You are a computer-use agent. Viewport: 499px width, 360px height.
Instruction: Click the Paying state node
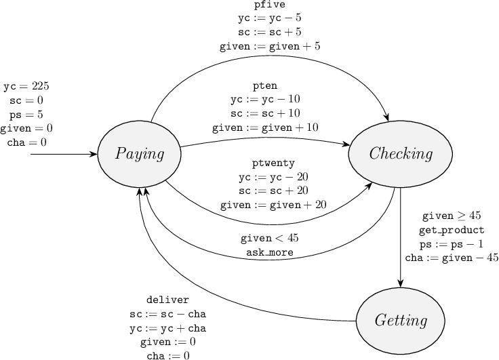140,154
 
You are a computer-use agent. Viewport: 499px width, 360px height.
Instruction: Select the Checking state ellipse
401,154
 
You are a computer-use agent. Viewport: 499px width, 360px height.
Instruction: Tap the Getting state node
401,320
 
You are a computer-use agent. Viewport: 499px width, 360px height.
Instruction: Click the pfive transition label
269,5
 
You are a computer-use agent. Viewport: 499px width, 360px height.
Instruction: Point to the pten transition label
265,86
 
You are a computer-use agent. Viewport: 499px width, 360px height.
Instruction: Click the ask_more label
269,252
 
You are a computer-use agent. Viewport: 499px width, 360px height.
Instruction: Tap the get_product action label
452,230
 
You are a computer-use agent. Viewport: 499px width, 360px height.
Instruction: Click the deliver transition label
167,300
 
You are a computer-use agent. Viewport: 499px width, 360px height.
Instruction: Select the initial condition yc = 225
26,87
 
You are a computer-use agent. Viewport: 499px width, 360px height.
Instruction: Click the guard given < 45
269,239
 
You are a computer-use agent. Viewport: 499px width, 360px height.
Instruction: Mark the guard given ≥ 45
452,216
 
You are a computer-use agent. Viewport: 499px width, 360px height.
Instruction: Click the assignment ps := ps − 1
452,243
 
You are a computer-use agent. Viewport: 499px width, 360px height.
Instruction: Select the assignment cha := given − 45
452,258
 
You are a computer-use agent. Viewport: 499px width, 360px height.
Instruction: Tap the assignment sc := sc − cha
167,314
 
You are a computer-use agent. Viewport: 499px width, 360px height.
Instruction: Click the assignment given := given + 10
265,127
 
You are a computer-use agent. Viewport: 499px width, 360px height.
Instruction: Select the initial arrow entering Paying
64,154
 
